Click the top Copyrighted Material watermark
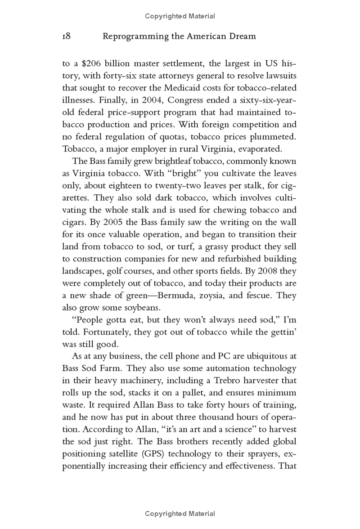[180, 16]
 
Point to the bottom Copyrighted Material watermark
[180, 514]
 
